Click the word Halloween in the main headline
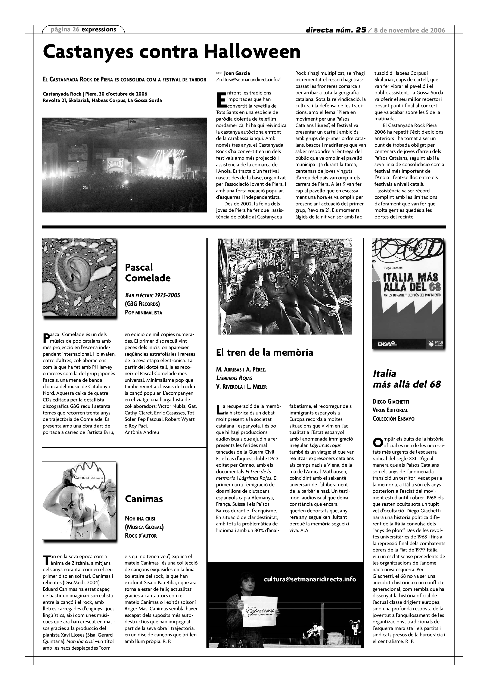[x=252, y=52]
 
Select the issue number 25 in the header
[x=361, y=30]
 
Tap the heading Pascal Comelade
[x=147, y=272]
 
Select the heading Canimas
[x=144, y=499]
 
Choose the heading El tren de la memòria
[x=264, y=352]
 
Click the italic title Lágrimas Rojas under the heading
[x=234, y=378]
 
